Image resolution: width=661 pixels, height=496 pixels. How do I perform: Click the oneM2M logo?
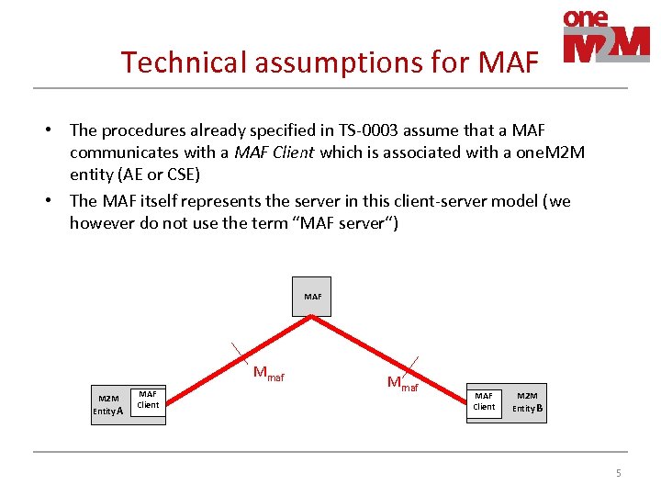tap(606, 37)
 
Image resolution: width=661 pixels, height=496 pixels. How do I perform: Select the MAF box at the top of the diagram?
tap(312, 297)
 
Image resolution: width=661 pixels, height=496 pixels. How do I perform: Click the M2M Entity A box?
tap(107, 404)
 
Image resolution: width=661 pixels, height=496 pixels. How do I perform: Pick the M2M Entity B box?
tap(528, 400)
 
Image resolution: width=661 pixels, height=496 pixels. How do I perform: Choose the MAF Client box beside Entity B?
tap(484, 400)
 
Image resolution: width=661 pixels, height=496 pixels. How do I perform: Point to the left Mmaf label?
tap(268, 374)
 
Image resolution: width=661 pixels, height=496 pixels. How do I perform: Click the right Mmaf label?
tap(402, 384)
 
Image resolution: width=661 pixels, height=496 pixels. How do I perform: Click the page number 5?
tap(618, 473)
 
